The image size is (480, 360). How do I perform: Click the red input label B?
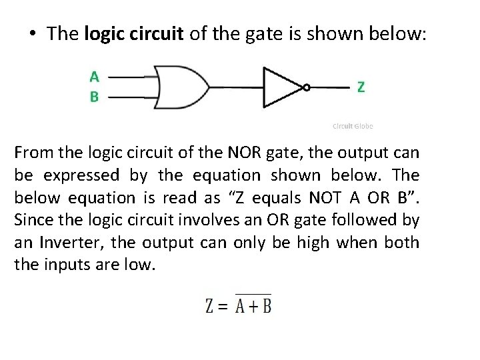point(95,97)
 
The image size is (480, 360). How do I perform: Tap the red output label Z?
point(361,87)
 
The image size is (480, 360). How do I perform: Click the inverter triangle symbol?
point(283,87)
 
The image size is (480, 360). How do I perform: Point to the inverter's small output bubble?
point(306,87)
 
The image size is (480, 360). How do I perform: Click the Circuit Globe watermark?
point(353,126)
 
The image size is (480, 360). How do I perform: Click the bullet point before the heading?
point(33,34)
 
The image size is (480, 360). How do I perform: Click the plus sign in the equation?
point(249,307)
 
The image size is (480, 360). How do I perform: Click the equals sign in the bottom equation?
point(223,307)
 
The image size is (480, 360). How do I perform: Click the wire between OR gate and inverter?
point(236,87)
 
